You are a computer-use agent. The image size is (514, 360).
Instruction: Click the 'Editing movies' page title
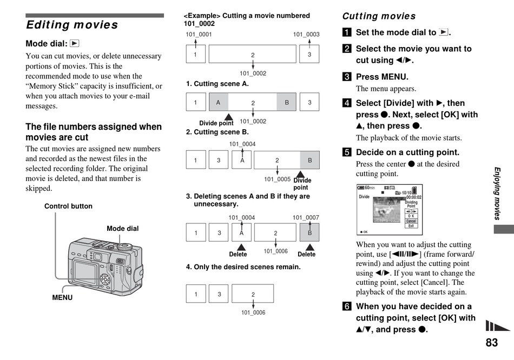(72, 25)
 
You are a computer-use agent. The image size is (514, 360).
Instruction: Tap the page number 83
(491, 343)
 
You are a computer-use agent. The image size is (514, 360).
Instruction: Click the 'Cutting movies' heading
(379, 16)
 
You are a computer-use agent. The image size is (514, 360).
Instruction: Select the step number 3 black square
(346, 77)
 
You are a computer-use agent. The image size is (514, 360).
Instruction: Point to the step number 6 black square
(346, 306)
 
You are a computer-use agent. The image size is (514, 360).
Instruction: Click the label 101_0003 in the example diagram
(306, 35)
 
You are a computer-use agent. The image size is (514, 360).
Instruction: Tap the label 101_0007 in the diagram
(306, 218)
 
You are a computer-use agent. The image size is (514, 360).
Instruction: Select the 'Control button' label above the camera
(68, 206)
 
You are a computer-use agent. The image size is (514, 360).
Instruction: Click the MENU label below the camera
(62, 297)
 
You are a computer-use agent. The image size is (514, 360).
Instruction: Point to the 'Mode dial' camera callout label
(122, 229)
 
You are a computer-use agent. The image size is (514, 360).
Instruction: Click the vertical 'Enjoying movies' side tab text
(497, 193)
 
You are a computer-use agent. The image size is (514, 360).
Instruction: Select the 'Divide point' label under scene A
(216, 123)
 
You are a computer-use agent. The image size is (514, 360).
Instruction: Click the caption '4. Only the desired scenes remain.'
(243, 267)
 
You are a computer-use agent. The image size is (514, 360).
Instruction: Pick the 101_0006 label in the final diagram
(253, 312)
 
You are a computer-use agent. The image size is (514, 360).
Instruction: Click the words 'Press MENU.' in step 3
(382, 77)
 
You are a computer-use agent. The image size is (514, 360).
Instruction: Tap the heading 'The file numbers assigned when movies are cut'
(94, 132)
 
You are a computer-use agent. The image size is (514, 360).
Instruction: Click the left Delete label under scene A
(238, 254)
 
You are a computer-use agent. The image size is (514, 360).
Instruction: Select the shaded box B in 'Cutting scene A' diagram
(287, 102)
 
